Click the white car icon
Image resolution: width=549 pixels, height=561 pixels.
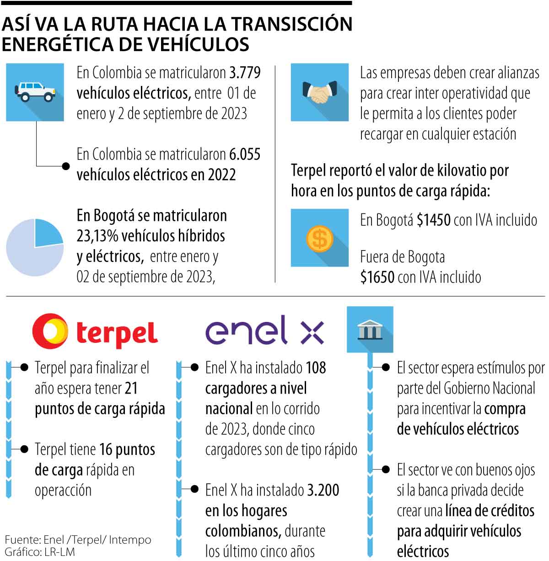click(35, 91)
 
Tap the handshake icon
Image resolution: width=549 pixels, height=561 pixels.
click(319, 92)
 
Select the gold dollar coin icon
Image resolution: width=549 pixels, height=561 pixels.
click(319, 238)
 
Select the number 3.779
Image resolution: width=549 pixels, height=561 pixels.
click(245, 73)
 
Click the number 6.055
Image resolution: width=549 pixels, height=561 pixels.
click(245, 155)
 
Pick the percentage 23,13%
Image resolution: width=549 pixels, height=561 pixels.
click(97, 236)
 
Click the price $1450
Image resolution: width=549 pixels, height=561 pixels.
click(434, 220)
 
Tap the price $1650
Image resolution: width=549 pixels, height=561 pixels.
click(377, 277)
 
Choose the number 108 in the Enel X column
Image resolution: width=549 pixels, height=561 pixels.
click(316, 368)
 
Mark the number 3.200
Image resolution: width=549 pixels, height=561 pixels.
click(323, 490)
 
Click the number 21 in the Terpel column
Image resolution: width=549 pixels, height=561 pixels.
click(131, 389)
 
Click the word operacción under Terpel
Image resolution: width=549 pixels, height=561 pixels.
click(63, 491)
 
